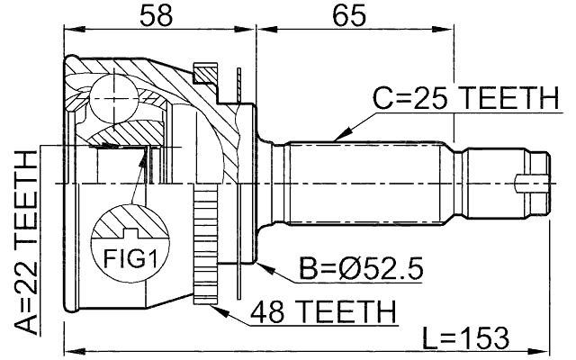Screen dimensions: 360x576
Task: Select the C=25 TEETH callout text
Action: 465,97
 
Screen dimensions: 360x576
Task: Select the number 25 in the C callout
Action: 422,97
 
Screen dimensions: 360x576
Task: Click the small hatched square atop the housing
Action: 206,71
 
